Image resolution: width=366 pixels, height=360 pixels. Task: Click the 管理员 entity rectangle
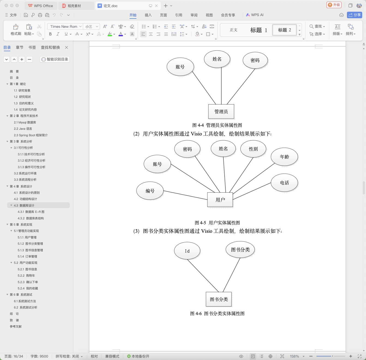point(221,111)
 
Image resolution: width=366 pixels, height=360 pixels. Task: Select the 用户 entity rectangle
point(220,200)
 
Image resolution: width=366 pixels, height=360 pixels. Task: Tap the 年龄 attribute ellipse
point(284,157)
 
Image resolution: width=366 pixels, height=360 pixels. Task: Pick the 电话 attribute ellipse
point(284,183)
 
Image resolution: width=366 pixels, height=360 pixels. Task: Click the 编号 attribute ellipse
point(150,191)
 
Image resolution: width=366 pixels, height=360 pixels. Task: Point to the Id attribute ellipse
point(187,251)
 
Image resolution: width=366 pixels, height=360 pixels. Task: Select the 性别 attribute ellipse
point(253,149)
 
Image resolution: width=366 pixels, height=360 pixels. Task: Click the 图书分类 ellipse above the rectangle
point(240,250)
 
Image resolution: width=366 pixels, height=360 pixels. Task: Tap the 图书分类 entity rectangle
point(219,299)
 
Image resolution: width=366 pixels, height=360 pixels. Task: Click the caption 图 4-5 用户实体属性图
point(217,223)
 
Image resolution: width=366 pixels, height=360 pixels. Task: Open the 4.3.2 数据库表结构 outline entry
point(31,218)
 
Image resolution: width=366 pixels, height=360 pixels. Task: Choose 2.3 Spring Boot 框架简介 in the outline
point(31,135)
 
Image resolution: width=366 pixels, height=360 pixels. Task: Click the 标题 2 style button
point(284,30)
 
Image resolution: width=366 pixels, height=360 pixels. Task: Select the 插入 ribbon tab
point(148,15)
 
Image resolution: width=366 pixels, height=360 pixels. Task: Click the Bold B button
point(50,34)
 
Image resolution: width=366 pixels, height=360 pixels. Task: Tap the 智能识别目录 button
point(55,59)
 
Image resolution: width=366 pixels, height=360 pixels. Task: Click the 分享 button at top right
point(354,15)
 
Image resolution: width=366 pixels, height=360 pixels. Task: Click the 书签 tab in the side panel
point(32,47)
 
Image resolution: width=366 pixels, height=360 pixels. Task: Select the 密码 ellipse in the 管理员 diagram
point(255,60)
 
